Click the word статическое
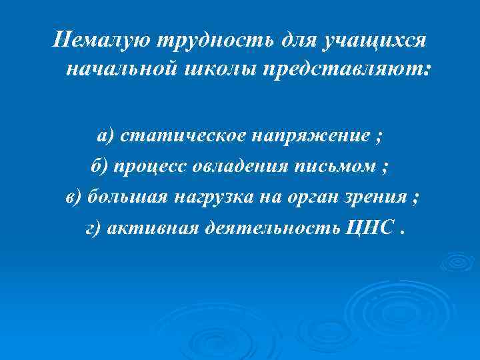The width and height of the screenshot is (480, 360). pos(181,137)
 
